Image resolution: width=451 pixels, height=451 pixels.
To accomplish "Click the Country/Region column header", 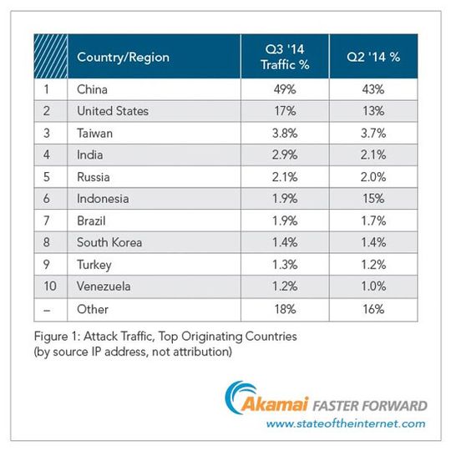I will pyautogui.click(x=123, y=57).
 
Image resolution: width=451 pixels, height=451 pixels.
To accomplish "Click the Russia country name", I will pyautogui.click(x=94, y=177).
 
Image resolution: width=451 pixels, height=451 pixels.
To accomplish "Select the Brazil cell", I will pyautogui.click(x=93, y=221).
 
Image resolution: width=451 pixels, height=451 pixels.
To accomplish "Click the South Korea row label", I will pyautogui.click(x=109, y=243).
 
